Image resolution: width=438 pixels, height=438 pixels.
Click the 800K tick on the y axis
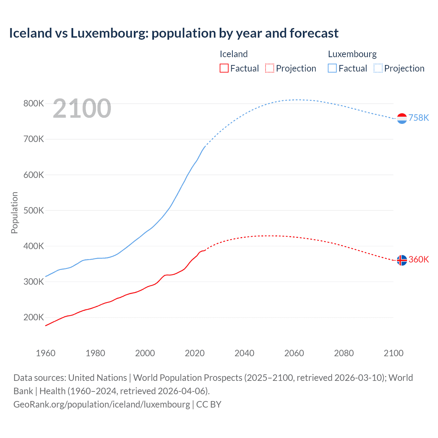[x=34, y=103]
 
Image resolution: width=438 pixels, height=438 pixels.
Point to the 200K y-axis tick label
[x=34, y=317]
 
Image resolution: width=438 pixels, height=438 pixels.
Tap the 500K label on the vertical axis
[x=34, y=210]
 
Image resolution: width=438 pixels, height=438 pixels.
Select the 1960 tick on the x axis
[x=46, y=353]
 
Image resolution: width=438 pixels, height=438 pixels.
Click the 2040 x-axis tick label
[x=244, y=353]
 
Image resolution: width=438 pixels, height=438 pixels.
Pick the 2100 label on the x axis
[x=394, y=353]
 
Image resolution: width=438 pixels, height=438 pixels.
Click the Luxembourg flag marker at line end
[x=402, y=118]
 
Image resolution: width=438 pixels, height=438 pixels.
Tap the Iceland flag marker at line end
[x=402, y=260]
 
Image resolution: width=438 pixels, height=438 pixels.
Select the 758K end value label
[x=419, y=118]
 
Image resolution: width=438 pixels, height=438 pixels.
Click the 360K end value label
[x=419, y=259]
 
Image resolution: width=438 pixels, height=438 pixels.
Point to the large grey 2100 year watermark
[x=82, y=108]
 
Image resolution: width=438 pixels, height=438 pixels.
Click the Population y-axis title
[x=14, y=212]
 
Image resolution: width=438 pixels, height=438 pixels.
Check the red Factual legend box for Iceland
[x=224, y=68]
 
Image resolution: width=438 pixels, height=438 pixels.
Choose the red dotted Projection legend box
[x=270, y=68]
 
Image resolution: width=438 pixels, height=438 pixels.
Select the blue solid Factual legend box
[x=332, y=68]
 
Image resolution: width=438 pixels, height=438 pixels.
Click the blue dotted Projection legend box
[x=378, y=68]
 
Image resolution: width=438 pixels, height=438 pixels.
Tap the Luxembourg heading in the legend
[x=352, y=54]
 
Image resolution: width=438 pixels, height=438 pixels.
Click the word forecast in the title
[x=314, y=33]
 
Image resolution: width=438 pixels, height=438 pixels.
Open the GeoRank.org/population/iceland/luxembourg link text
[x=102, y=404]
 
